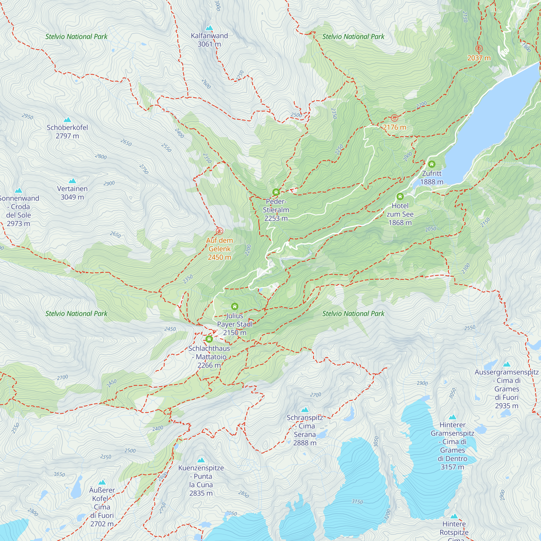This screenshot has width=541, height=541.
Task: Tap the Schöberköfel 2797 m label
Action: coord(67,132)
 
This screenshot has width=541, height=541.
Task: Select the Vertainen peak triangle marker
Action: coord(72,181)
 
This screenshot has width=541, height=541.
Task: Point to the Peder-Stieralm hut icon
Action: coord(276,192)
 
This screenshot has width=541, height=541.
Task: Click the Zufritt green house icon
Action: coord(431,164)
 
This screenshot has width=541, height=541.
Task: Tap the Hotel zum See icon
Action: coord(400,196)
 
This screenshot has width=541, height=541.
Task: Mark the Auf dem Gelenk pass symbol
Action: coord(219,231)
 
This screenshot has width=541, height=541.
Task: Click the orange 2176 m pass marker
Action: coord(394,118)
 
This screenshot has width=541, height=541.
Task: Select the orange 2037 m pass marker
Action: coord(479,49)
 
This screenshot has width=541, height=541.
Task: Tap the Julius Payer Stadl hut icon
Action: coord(234,306)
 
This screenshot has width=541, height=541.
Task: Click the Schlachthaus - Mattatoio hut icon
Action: coord(209,339)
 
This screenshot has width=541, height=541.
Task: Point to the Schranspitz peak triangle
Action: coord(305,410)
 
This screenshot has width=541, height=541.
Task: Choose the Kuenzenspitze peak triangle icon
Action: coord(201,460)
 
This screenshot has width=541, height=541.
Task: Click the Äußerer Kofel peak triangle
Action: coord(102,482)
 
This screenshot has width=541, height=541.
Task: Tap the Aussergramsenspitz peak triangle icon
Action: coord(507,365)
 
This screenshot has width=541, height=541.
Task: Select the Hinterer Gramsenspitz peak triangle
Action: coord(452,417)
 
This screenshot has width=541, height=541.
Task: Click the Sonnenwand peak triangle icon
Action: coord(18,191)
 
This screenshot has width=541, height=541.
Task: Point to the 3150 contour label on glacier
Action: coord(357,502)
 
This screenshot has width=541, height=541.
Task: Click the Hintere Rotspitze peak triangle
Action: coord(454,516)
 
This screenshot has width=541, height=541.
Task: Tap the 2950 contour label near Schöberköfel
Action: coord(27,117)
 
